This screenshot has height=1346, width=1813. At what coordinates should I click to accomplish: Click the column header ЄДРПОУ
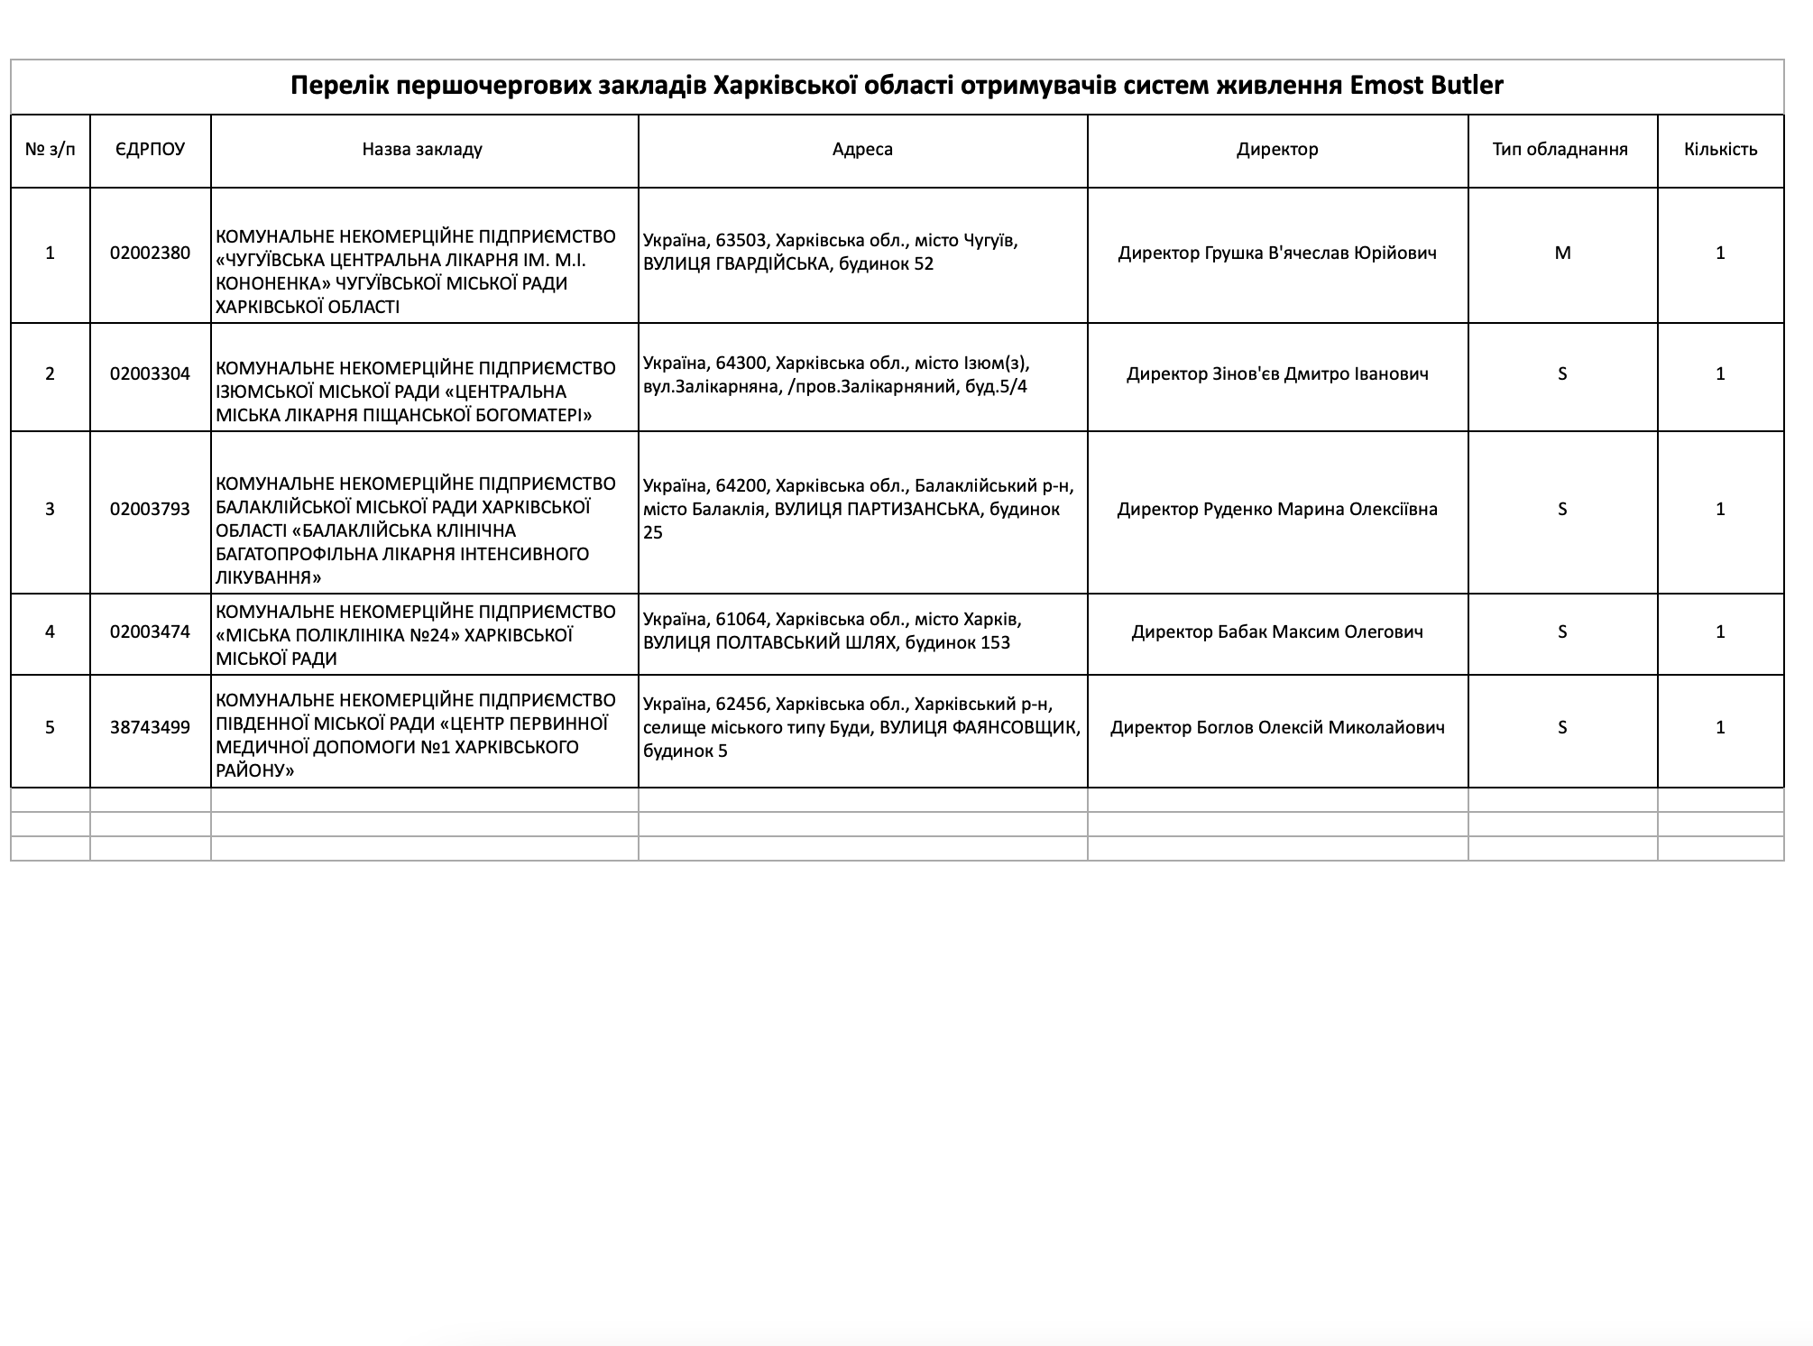[150, 150]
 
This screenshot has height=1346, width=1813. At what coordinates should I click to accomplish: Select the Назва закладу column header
[422, 150]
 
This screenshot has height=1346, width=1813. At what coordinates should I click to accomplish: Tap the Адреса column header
[862, 150]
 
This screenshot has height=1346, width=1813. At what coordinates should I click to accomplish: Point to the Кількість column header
[1720, 150]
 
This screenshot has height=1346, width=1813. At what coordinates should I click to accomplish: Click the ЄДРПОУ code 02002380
[150, 254]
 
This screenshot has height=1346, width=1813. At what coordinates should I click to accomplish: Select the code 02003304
[150, 374]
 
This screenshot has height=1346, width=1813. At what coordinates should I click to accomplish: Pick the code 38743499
[150, 728]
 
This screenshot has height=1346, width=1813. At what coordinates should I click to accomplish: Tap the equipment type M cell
[1562, 254]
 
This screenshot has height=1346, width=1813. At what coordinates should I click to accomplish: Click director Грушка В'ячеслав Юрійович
[1276, 254]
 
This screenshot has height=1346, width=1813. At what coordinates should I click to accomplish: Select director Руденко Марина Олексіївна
[1276, 510]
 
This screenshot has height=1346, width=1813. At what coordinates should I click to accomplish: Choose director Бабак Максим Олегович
[1276, 632]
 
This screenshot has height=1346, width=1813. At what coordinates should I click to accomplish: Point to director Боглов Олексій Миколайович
[1276, 728]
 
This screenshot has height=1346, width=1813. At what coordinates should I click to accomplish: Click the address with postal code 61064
[832, 632]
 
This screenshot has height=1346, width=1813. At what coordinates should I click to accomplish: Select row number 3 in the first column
[50, 510]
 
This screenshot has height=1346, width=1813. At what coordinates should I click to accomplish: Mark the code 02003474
[150, 632]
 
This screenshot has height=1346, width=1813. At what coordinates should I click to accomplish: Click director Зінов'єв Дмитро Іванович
[1276, 374]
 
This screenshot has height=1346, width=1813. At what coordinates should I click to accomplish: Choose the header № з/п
[50, 150]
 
